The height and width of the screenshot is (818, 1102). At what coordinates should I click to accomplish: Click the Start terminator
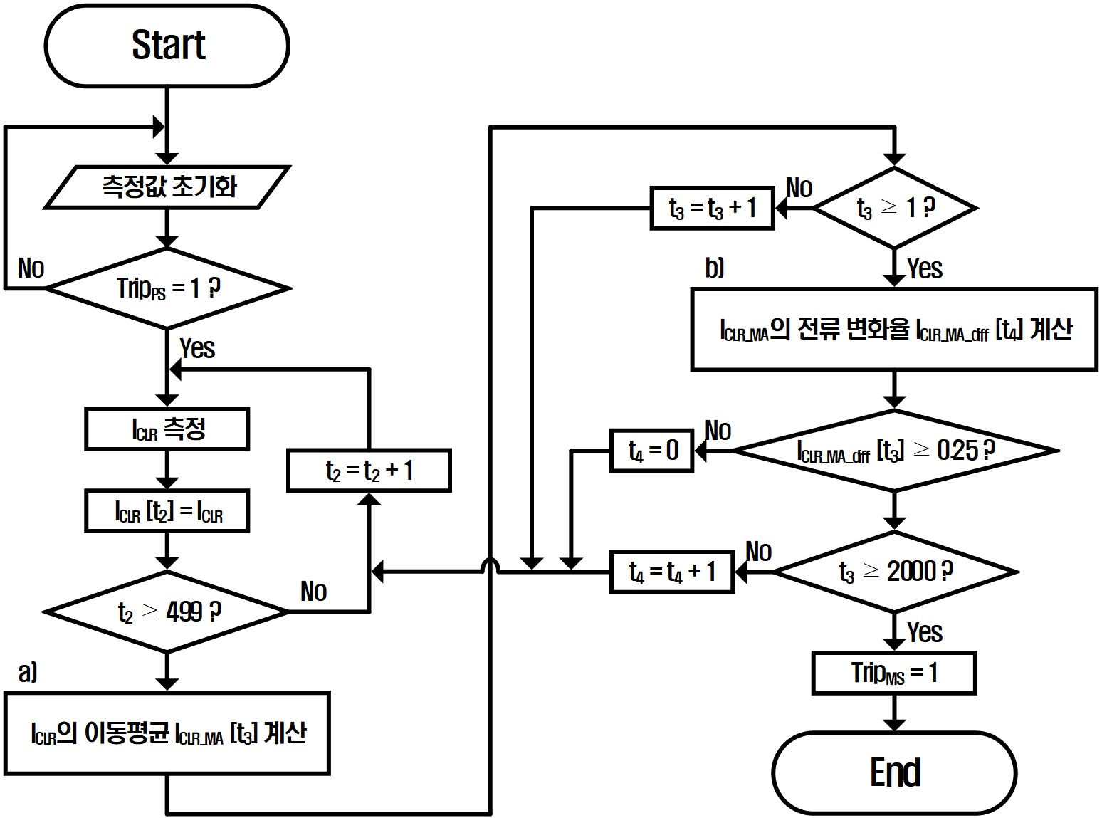[x=167, y=46]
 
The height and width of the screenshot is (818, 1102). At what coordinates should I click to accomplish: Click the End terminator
[x=894, y=772]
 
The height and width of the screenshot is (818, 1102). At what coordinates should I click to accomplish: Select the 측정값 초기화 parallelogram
[x=167, y=187]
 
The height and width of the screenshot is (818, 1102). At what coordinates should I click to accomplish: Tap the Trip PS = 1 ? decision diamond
[x=167, y=288]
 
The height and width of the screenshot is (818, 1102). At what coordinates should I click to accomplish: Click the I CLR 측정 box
[x=167, y=429]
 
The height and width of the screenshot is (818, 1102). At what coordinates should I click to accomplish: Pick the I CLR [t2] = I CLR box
[x=167, y=510]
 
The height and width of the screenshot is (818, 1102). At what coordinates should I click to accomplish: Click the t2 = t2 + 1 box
[x=369, y=470]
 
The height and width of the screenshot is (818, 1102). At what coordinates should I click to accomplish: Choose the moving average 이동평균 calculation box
[x=167, y=733]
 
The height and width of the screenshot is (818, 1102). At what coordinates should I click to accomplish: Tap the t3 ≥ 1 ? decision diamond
[x=895, y=208]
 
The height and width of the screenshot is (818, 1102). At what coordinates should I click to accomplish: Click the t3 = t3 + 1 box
[x=712, y=208]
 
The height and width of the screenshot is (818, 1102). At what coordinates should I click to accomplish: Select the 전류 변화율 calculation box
[x=894, y=329]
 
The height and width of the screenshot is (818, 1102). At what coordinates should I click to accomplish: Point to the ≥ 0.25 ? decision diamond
[x=895, y=450]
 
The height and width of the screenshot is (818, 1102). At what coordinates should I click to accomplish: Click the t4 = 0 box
[x=652, y=450]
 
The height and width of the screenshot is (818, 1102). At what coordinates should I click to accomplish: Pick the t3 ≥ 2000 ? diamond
[x=895, y=572]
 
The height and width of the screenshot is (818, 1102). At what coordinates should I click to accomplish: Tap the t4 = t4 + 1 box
[x=672, y=572]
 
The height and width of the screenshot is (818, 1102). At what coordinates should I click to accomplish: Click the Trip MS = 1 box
[x=894, y=673]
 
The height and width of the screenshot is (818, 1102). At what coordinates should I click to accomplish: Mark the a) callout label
[x=28, y=671]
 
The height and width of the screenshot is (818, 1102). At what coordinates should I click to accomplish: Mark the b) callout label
[x=715, y=268]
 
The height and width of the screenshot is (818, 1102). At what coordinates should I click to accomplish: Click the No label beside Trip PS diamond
[x=31, y=268]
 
